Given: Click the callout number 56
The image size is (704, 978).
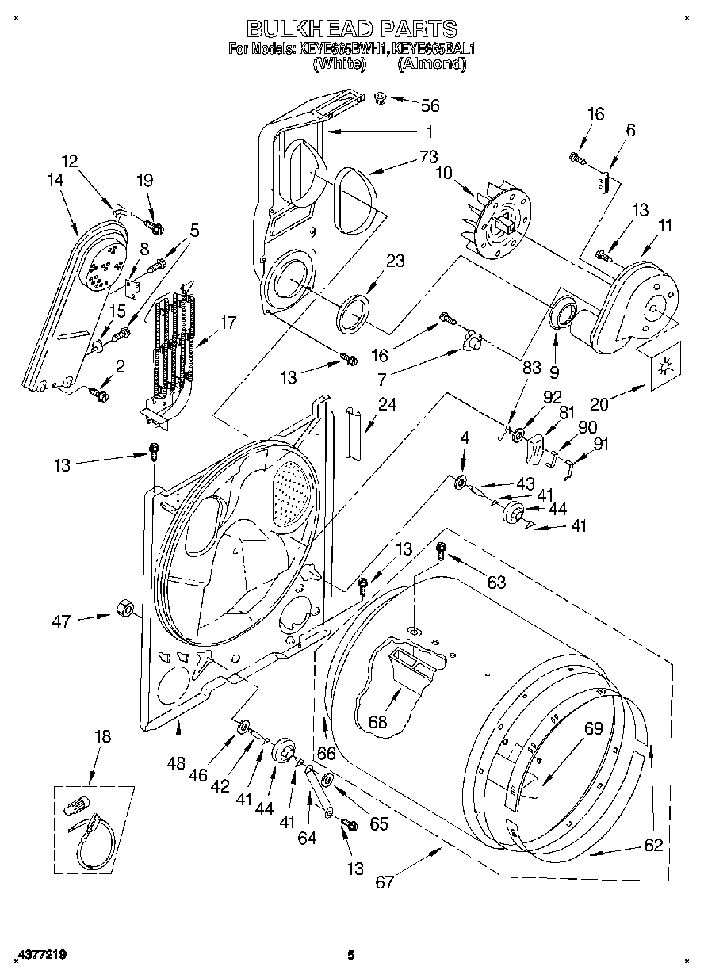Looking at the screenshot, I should pyautogui.click(x=430, y=106).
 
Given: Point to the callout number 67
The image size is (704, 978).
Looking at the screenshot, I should pyautogui.click(x=385, y=881).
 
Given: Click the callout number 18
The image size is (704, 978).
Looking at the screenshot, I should pyautogui.click(x=103, y=735).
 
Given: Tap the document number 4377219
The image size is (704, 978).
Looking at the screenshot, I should pyautogui.click(x=40, y=956).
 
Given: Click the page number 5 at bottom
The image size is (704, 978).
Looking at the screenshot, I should pyautogui.click(x=350, y=956).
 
